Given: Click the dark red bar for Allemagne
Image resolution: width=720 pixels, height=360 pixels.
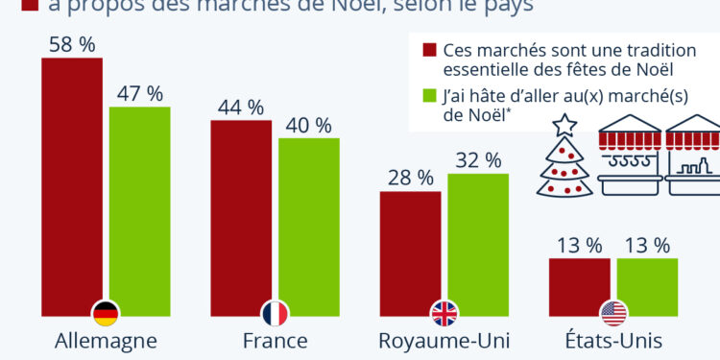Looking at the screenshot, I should tap(71, 182).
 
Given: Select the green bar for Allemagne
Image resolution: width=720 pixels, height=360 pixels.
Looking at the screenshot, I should tap(139, 206).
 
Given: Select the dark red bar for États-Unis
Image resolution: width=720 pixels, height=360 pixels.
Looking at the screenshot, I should tap(579, 283).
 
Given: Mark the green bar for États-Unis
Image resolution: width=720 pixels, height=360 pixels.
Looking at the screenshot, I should tap(647, 283).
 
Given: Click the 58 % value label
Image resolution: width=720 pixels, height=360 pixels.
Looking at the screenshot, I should tap(71, 43).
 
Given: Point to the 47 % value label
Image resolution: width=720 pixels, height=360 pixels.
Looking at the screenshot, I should tap(139, 93).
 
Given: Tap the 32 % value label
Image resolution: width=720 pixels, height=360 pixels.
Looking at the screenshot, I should tap(477, 159).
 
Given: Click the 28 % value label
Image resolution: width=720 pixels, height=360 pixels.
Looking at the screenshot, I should tap(410, 178).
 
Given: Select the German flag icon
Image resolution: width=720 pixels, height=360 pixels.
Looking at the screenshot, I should tap(106, 313).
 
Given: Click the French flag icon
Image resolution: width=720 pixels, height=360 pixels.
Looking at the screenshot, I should tap(276, 313).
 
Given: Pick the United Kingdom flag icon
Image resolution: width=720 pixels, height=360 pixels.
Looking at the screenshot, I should tap(444, 313).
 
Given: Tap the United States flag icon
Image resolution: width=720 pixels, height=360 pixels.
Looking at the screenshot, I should tap(613, 313).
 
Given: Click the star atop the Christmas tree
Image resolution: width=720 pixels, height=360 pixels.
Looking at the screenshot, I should tap(564, 124).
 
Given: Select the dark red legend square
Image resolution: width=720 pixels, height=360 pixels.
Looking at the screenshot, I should tap(429, 50).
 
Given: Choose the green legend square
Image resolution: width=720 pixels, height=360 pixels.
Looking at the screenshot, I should tap(429, 96).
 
